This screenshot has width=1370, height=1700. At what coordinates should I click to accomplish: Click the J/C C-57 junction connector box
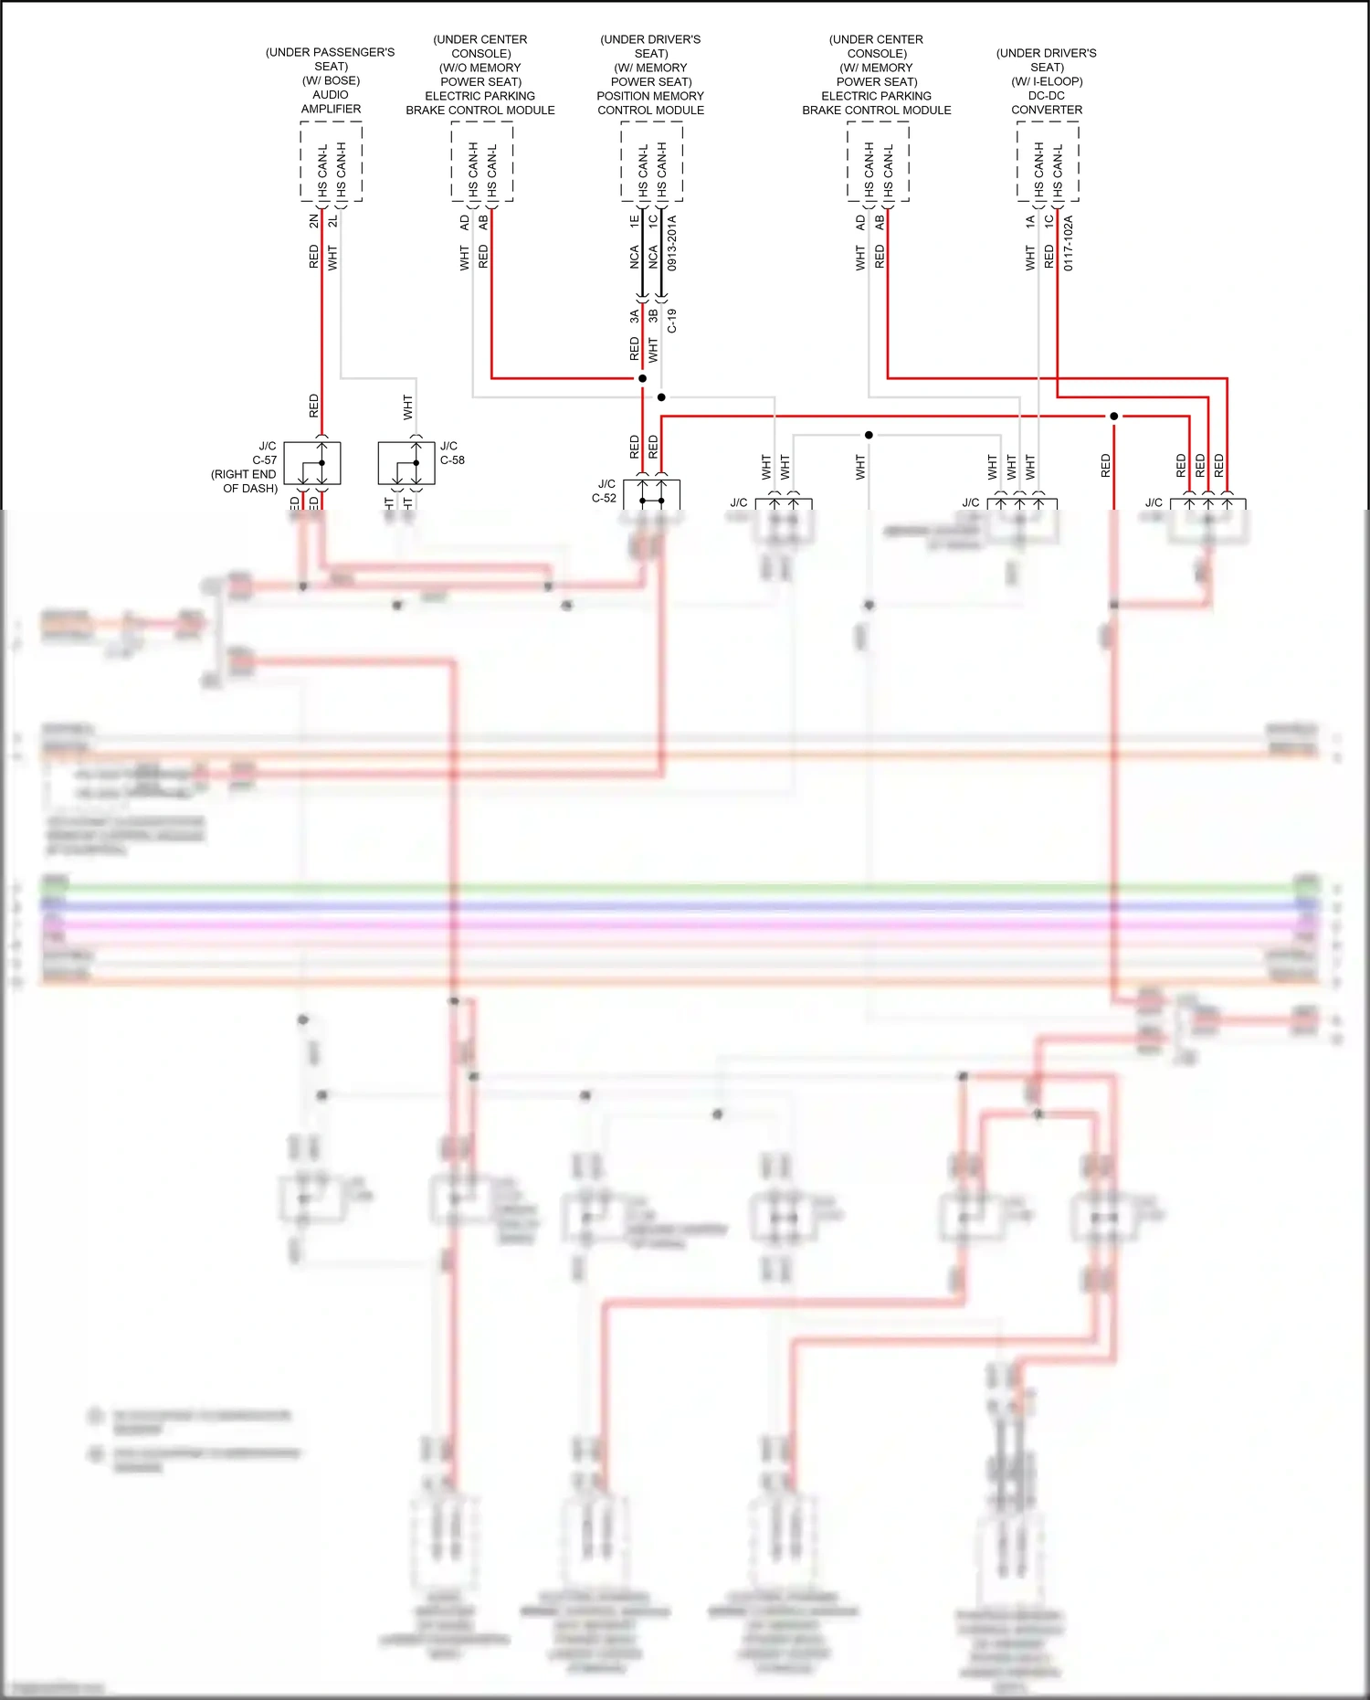coord(312,463)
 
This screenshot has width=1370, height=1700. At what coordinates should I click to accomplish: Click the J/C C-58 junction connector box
coord(406,463)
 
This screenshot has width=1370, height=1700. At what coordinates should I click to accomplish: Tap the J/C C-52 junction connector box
coord(651,494)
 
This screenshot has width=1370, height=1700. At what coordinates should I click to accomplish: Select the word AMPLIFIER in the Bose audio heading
coord(331,109)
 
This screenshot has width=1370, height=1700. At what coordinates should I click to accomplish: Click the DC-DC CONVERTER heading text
coord(1047,102)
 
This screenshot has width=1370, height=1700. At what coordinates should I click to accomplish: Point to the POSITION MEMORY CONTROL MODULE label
coord(650,103)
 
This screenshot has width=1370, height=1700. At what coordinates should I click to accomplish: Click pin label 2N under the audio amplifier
coord(314,221)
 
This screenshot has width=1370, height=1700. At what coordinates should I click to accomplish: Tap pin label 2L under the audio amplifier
coord(333,221)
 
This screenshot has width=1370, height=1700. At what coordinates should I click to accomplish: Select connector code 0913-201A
coord(672,243)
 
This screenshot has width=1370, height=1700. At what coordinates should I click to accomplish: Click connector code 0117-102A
coord(1069,243)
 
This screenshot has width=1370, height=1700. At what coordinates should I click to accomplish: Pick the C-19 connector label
coord(672,321)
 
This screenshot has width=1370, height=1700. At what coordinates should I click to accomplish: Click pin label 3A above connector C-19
coord(634,316)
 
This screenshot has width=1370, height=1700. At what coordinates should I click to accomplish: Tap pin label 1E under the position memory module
coord(634,221)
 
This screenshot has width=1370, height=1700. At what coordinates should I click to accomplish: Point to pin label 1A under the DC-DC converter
coord(1030,221)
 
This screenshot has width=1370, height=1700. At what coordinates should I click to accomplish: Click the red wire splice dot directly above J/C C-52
coord(642,378)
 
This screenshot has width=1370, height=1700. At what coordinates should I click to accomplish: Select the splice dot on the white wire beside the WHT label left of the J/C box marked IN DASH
coord(869,435)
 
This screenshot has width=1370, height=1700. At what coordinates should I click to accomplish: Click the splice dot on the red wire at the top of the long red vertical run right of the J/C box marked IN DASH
coord(1113,417)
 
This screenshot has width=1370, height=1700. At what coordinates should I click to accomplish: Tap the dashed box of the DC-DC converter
coord(1048,162)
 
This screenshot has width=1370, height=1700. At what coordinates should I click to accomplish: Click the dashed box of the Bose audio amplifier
coord(331,162)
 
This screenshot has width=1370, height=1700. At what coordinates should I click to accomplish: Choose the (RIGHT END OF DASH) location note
coord(244,481)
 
